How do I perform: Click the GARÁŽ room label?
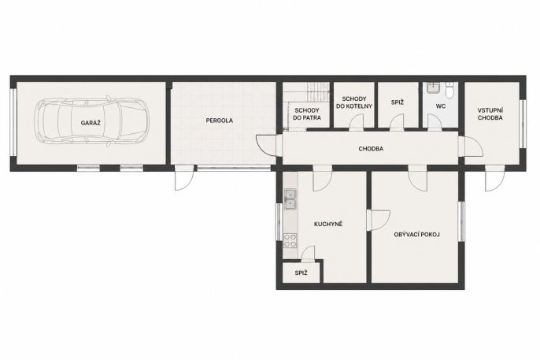pos(91,123)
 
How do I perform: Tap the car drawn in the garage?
pos(91,121)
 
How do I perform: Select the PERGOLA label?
pos(220,121)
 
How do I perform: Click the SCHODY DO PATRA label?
pos(307,114)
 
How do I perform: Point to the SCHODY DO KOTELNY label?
pos(354,102)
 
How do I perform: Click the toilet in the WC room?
pos(449,91)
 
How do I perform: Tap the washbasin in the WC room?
pos(433,88)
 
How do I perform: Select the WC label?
pos(441,106)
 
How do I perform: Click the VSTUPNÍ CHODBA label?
pos(490,114)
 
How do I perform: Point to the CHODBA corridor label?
pos(371,149)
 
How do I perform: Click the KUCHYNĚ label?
pos(328,225)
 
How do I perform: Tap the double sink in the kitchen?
pos(290,199)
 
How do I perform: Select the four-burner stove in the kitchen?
pos(290,240)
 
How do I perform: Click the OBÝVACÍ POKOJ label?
pos(416,235)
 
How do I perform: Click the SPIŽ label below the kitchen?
pos(301,273)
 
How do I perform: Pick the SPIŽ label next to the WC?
pos(397,102)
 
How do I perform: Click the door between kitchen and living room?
pos(378,220)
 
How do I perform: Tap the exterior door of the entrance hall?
pos(495,178)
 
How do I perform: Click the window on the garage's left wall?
pos(13,122)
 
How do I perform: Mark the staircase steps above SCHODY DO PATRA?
pos(317,92)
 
